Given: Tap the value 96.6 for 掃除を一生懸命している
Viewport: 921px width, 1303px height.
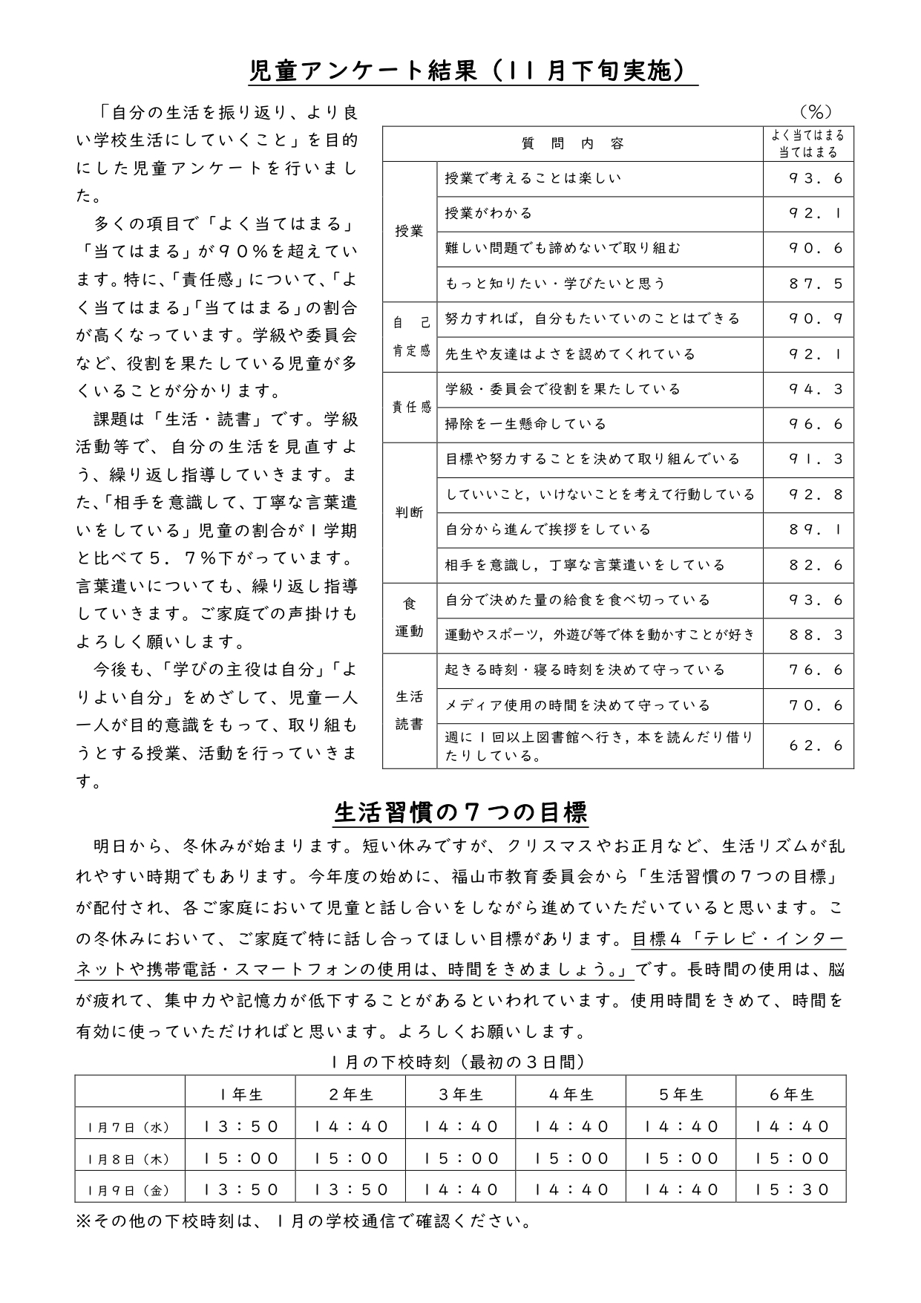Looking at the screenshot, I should (x=816, y=425).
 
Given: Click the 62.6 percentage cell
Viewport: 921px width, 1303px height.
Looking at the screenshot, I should (x=816, y=745).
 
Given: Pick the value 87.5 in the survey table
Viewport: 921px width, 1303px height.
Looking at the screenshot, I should (x=816, y=284).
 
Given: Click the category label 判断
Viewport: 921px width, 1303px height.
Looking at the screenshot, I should (x=409, y=512).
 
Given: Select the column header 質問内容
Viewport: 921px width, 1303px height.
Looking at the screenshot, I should (x=572, y=144).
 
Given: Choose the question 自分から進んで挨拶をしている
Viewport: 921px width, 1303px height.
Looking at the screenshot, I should (x=548, y=529).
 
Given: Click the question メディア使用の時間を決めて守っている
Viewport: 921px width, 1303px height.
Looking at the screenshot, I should (x=577, y=705).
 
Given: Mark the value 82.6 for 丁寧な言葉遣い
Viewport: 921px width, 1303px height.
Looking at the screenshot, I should (x=816, y=565).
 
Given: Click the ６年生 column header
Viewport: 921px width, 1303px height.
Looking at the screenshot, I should (x=791, y=1094).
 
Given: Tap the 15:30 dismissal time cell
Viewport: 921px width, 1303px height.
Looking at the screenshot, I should (x=791, y=1190).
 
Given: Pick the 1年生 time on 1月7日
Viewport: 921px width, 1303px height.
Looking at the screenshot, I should (x=240, y=1127).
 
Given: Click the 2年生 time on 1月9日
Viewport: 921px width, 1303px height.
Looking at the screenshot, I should (x=350, y=1190).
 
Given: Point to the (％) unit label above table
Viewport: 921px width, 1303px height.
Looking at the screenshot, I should (x=816, y=112).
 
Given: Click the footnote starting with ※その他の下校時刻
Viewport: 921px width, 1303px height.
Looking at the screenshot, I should (x=304, y=1221).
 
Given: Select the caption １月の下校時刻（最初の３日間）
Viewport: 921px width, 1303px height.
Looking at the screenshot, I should (x=460, y=1062).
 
